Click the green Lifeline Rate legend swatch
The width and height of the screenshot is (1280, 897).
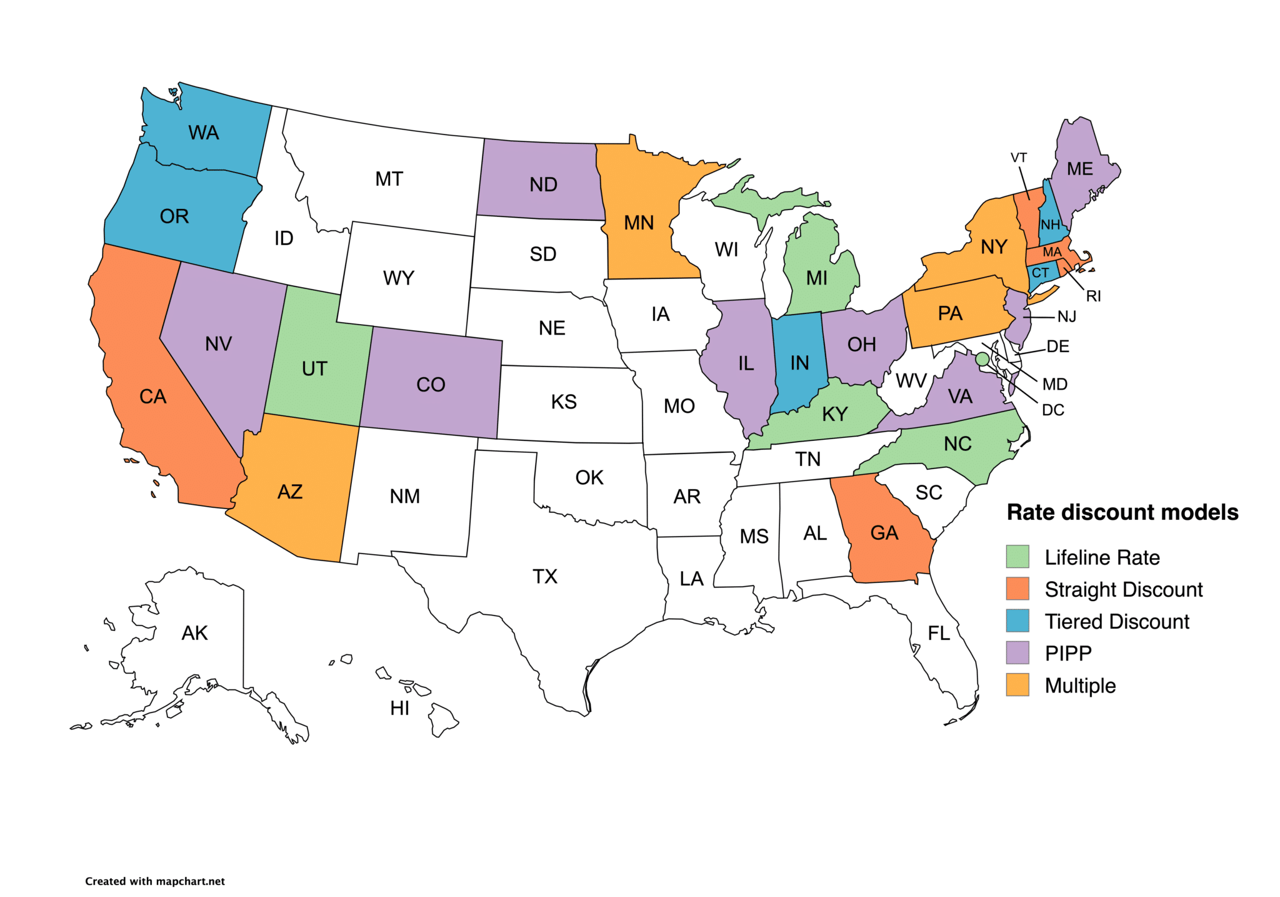pyautogui.click(x=1017, y=556)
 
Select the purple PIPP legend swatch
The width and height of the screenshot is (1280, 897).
pyautogui.click(x=1017, y=652)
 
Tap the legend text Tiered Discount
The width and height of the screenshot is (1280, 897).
pyautogui.click(x=1117, y=621)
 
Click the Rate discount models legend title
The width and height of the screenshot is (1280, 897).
pyautogui.click(x=1122, y=512)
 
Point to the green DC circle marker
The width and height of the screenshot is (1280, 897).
pyautogui.click(x=982, y=358)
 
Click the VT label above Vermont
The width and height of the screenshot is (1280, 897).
pyautogui.click(x=1019, y=158)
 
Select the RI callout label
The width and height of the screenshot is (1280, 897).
pyautogui.click(x=1093, y=296)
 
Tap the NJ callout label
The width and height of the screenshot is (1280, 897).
pyautogui.click(x=1067, y=317)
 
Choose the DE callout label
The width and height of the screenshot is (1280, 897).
pyautogui.click(x=1057, y=347)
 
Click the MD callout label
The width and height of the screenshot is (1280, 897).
pyautogui.click(x=1055, y=384)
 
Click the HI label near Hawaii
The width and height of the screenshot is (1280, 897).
pyautogui.click(x=399, y=708)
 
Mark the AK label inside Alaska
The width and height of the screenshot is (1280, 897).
pyautogui.click(x=194, y=633)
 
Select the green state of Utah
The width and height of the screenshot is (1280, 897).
pyautogui.click(x=314, y=369)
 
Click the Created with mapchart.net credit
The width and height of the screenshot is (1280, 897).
pyautogui.click(x=154, y=881)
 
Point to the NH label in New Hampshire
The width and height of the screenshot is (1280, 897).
pyautogui.click(x=1050, y=225)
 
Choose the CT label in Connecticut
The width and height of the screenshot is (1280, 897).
pyautogui.click(x=1040, y=273)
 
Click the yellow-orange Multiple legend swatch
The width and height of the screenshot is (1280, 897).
pyautogui.click(x=1017, y=685)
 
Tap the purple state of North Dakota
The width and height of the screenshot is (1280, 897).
pyautogui.click(x=542, y=184)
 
